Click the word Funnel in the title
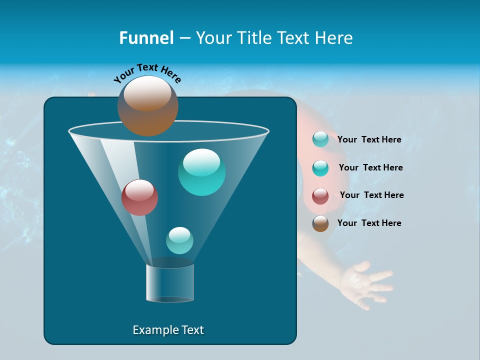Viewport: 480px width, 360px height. click(146, 37)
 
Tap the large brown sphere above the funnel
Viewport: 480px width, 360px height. click(147, 106)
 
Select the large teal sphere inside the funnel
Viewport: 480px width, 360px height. click(201, 172)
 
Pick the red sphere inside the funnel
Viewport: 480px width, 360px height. click(139, 197)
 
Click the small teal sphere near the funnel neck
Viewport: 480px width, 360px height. click(179, 240)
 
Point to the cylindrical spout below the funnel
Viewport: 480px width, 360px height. click(170, 282)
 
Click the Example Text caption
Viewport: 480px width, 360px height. click(168, 330)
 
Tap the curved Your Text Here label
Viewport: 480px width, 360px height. click(147, 73)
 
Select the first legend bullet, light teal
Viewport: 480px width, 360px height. click(320, 139)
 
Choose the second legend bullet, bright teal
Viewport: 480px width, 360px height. click(320, 168)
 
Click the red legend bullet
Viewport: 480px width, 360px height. click(320, 195)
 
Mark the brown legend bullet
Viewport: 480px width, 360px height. click(320, 223)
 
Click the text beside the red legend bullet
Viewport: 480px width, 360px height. click(371, 195)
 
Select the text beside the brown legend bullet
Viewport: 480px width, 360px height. click(369, 223)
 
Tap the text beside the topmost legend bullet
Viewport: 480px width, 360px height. click(369, 139)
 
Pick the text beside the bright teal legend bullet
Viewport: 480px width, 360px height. click(370, 167)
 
